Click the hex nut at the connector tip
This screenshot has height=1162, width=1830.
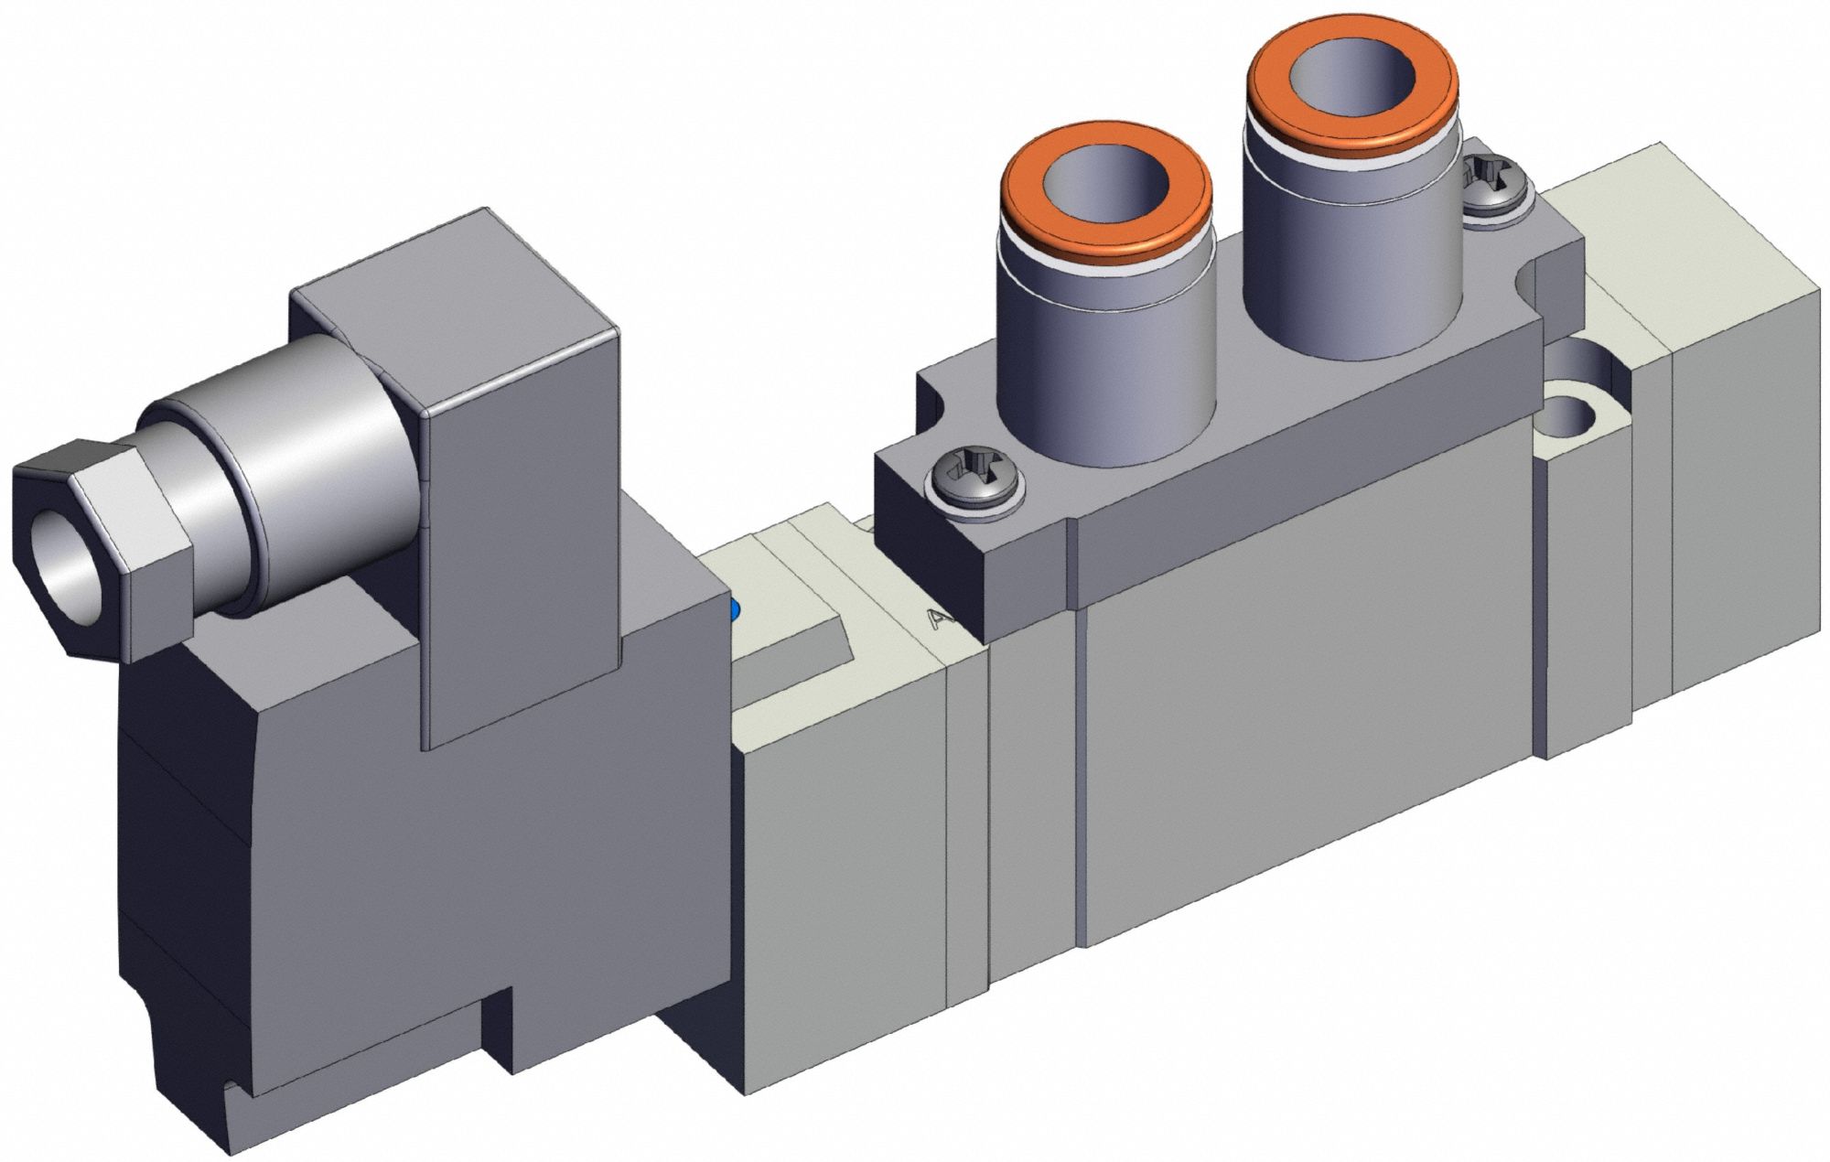(x=101, y=549)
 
